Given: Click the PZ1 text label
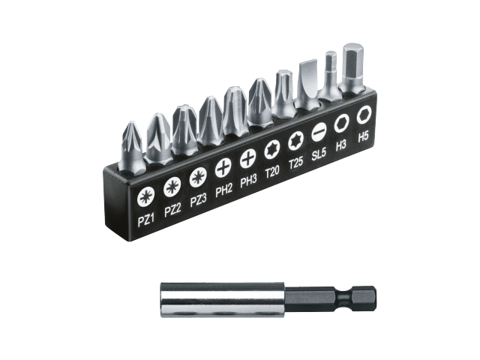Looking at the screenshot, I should coord(145,220).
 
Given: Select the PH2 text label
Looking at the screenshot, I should coord(223,191).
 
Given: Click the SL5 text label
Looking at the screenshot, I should coord(319,153).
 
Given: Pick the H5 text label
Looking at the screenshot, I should coord(364,136).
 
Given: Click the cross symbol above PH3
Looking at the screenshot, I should coord(247,158).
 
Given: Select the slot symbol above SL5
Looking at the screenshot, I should coord(319,130).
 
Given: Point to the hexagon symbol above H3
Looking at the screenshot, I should coord(341,121).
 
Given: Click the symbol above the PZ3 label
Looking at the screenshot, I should coord(198,177).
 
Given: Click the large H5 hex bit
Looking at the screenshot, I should coord(352,67).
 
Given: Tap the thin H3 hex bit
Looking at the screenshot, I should coord(330,75).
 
